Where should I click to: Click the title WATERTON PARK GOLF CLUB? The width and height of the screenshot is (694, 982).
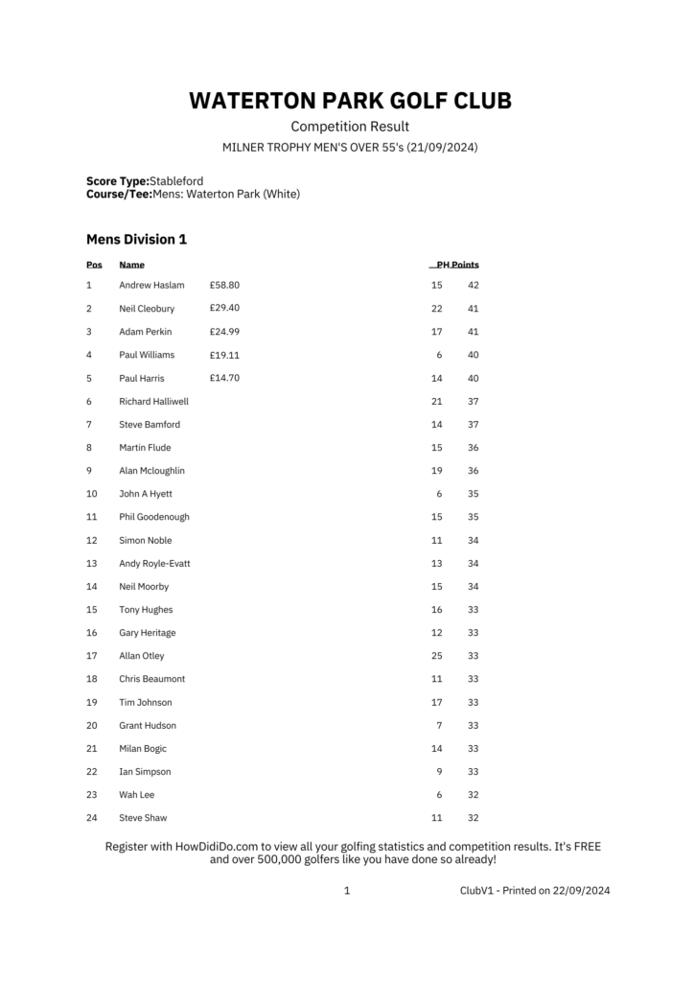(x=350, y=101)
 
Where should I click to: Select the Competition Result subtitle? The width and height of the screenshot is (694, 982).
(x=350, y=127)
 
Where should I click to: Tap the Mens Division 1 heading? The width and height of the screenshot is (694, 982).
(x=136, y=239)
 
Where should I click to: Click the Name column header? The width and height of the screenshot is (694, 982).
(x=132, y=265)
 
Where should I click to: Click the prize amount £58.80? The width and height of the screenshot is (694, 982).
(x=224, y=285)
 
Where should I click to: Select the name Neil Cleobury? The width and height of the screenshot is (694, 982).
(x=147, y=309)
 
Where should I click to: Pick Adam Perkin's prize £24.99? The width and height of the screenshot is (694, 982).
(x=224, y=332)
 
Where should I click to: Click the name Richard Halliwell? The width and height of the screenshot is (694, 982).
(x=153, y=401)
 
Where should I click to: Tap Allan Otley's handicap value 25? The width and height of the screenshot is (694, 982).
(x=437, y=656)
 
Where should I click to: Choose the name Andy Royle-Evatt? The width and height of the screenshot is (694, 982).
(x=154, y=563)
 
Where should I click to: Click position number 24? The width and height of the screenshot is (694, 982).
(x=92, y=818)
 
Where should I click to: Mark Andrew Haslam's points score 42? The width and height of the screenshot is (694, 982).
(x=473, y=286)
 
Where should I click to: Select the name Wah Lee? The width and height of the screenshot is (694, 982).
(x=136, y=795)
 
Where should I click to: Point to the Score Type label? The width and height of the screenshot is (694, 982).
(x=118, y=180)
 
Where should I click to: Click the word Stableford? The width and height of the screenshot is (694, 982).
(x=176, y=180)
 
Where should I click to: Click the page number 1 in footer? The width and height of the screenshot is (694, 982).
(x=347, y=891)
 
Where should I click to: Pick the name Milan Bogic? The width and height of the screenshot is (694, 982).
(x=143, y=749)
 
